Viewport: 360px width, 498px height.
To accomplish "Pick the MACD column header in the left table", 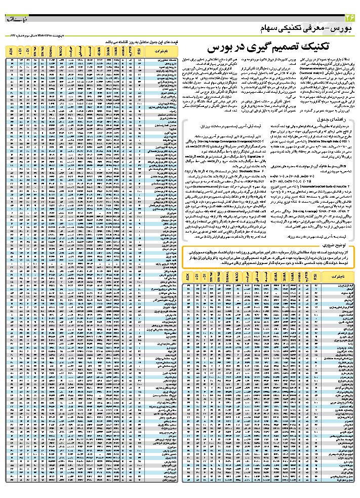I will coord(60,51).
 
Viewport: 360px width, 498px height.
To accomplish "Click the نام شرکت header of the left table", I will coord(161,52).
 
